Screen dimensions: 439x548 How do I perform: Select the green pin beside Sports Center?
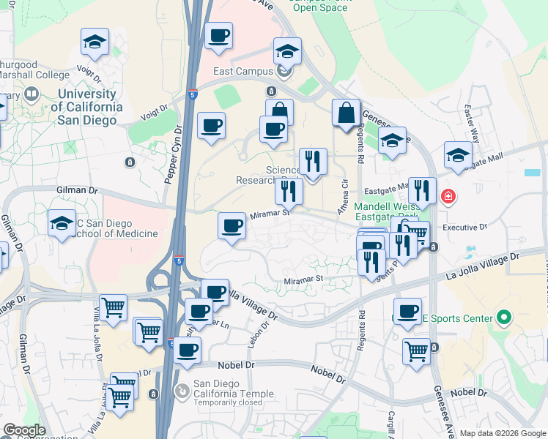pyautogui.click(x=503, y=318)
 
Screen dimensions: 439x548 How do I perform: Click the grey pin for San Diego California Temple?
pyautogui.click(x=182, y=392)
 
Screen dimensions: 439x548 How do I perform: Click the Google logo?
pyautogui.click(x=24, y=430)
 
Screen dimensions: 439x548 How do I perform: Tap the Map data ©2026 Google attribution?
pyautogui.click(x=502, y=432)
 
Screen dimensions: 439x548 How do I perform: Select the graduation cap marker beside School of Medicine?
pyautogui.click(x=62, y=223)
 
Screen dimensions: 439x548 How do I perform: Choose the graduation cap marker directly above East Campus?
pyautogui.click(x=287, y=51)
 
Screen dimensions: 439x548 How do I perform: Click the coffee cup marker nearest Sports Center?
pyautogui.click(x=407, y=310)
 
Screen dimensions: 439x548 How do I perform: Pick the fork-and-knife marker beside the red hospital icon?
pyautogui.click(x=421, y=192)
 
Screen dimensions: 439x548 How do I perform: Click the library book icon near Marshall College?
pyautogui.click(x=31, y=94)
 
